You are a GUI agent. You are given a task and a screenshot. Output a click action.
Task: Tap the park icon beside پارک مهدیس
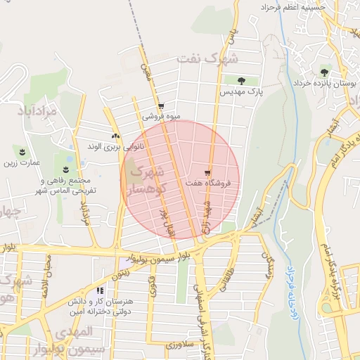point(242,81)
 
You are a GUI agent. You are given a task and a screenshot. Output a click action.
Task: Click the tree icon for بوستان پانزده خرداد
point(324,71)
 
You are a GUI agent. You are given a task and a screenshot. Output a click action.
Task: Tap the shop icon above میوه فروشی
point(161,105)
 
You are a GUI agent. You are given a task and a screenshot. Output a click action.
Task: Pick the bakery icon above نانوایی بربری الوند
point(115,136)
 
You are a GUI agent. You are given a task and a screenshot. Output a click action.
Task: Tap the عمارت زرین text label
point(22,163)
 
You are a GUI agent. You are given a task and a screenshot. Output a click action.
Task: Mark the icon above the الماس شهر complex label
point(66,170)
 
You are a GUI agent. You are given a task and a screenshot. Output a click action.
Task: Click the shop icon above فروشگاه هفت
point(207,172)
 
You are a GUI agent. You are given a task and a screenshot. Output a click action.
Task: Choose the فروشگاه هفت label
point(217,184)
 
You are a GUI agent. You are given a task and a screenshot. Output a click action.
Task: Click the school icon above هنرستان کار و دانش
point(101,290)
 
